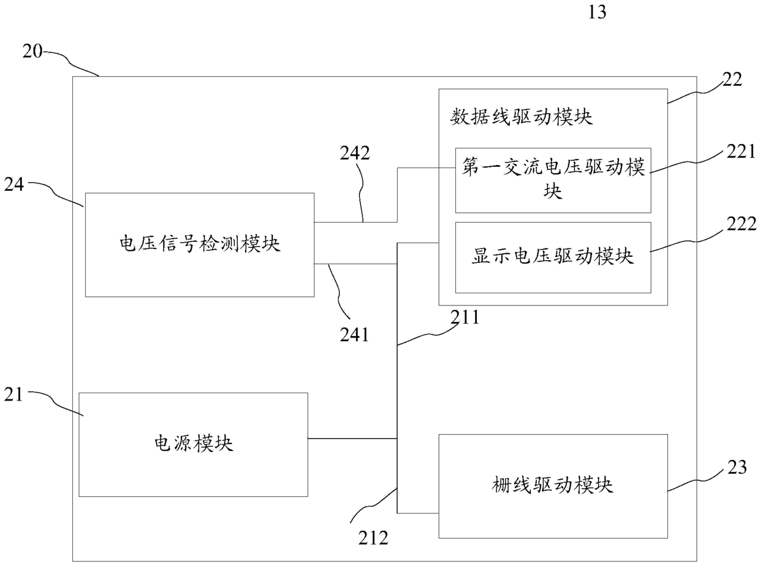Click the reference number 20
[32, 52]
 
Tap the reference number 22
[732, 80]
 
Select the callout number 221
[741, 152]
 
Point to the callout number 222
[742, 224]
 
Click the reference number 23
[737, 467]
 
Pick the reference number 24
[14, 185]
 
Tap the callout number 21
[13, 394]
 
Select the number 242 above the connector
[355, 153]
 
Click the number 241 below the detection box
[354, 335]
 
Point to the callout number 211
[465, 317]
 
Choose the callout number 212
[373, 538]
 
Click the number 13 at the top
[597, 12]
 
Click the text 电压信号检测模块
[200, 244]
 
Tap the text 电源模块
[194, 444]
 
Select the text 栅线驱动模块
[553, 485]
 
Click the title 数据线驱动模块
[521, 117]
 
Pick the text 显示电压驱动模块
[553, 256]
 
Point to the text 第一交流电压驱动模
[553, 167]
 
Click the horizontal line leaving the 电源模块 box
[352, 439]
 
